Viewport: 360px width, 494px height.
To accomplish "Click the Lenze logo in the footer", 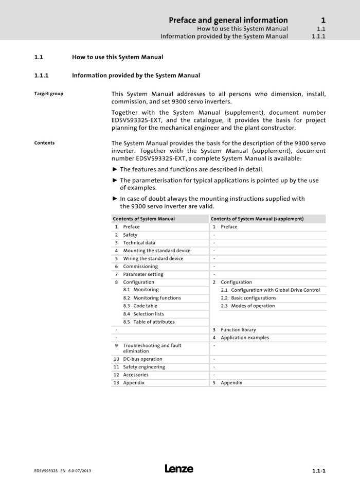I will pos(179,469).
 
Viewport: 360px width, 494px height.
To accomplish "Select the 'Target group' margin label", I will pos(48,94).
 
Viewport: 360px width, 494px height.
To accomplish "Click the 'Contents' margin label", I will pos(44,143).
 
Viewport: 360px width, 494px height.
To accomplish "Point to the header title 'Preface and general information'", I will pos(228,20).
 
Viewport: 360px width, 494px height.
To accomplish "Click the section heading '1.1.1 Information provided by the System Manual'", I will pos(136,75).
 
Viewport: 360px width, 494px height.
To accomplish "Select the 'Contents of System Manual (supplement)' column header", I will pos(257,219).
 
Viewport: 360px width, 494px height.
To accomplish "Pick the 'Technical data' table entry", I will pos(139,243).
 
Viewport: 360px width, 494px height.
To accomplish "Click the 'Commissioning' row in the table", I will pos(140,267).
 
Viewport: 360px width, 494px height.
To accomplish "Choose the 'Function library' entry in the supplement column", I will pos(238,330).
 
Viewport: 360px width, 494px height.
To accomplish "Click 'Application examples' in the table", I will pos(245,338).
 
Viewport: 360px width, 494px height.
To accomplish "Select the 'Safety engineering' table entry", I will pos(144,367).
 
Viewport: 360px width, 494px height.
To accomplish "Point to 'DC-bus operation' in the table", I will pos(142,359).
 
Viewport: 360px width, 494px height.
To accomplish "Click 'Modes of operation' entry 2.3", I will pos(253,306).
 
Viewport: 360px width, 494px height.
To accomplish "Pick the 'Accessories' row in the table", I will pos(137,375).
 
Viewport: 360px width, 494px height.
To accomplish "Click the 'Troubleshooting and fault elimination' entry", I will pos(152,348).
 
